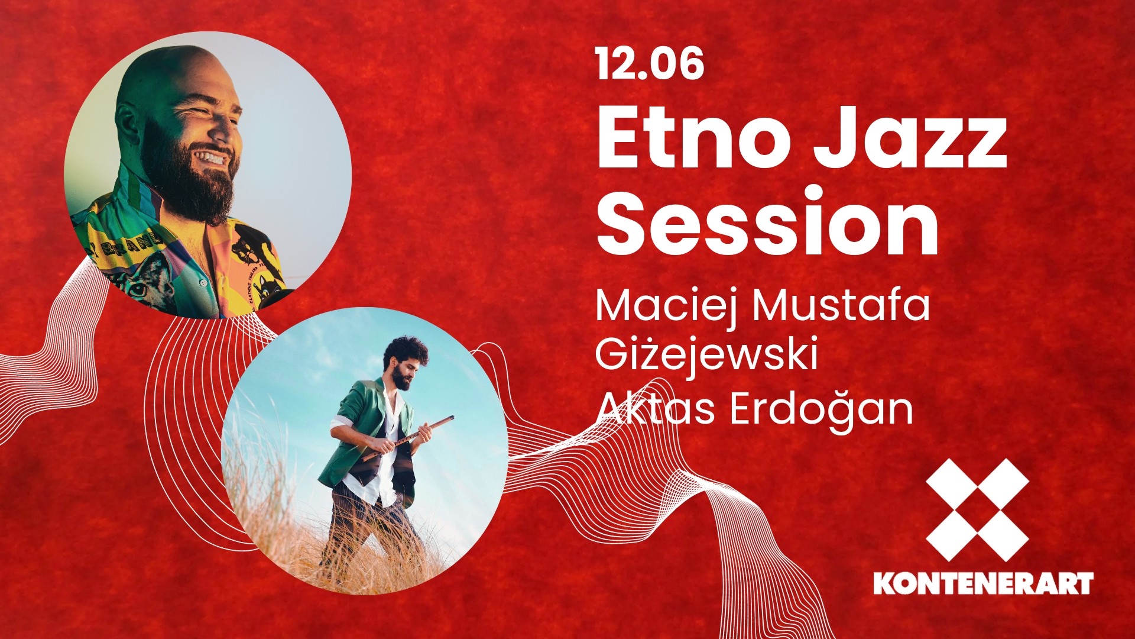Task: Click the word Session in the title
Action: click(768, 220)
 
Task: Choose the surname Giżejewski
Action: click(707, 356)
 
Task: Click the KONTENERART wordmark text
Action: click(984, 583)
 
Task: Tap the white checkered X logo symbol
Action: click(977, 509)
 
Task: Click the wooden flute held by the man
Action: click(408, 437)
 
